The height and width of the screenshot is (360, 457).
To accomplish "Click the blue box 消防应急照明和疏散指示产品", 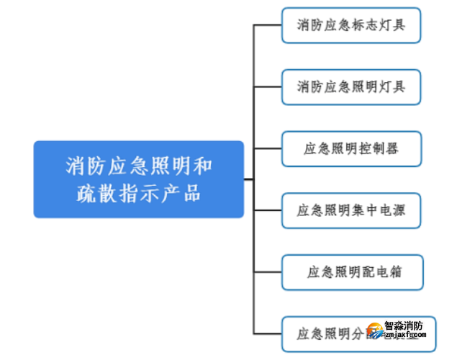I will coord(138,179).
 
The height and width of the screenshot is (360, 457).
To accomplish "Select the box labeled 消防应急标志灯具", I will coord(350,25).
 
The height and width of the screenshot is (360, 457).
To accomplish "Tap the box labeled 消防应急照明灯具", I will coord(350,87).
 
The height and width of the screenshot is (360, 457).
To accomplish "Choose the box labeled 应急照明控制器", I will coord(351,149).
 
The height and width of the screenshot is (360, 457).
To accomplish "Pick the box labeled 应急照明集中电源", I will coord(351,211).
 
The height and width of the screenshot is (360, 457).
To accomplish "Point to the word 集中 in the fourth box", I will coord(370,211).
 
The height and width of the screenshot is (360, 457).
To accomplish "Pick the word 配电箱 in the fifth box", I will coord(381,272).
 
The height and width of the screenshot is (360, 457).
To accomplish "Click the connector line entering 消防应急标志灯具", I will coord(267,25).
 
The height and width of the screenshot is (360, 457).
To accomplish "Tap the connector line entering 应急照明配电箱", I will coord(267,272).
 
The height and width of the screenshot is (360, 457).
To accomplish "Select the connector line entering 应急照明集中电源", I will coord(267,211).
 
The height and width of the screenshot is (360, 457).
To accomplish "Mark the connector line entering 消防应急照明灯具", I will coord(267,87).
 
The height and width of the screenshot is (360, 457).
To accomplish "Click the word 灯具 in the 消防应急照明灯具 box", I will coord(392,87).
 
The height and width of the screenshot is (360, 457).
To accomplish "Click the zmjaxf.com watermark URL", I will coord(407,335).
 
